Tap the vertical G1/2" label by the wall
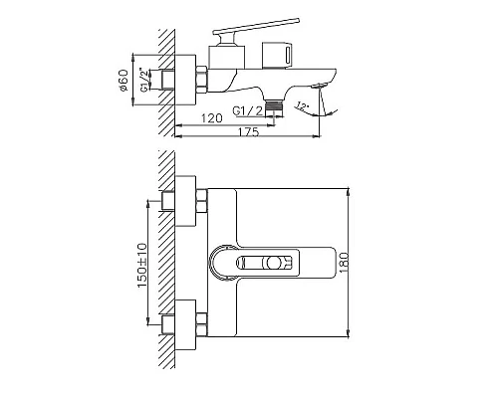pos(145,77)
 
